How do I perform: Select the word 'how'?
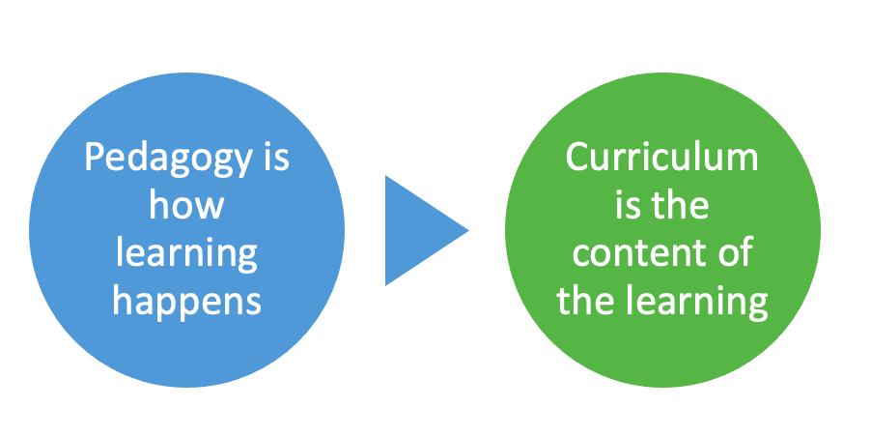pyautogui.click(x=187, y=205)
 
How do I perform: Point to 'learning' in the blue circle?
pyautogui.click(x=187, y=254)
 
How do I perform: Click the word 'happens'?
pyautogui.click(x=187, y=301)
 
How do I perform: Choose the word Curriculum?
pyautogui.click(x=662, y=158)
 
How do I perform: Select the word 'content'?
pyautogui.click(x=634, y=253)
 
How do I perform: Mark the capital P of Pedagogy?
pyautogui.click(x=94, y=158)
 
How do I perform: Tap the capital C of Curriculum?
pyautogui.click(x=577, y=158)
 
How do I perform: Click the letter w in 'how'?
pyautogui.click(x=211, y=207)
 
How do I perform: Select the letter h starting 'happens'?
pyautogui.click(x=123, y=300)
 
